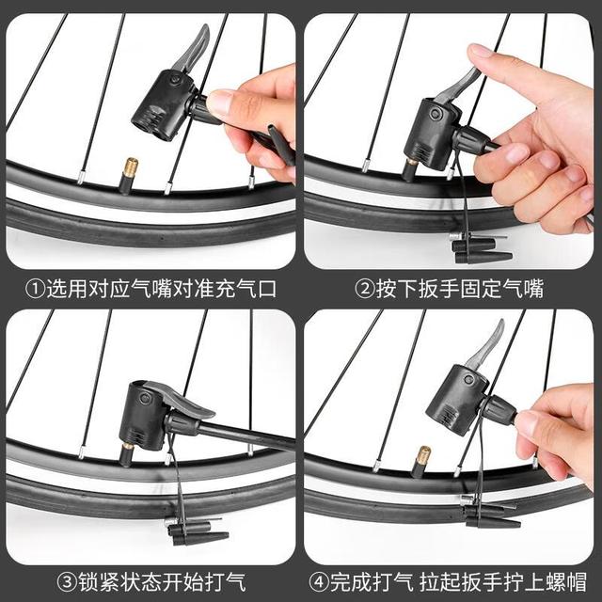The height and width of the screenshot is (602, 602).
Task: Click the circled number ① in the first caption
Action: point(36,289)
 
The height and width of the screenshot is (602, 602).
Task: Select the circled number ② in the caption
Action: point(365,289)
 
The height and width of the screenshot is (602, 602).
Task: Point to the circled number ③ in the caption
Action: point(68,581)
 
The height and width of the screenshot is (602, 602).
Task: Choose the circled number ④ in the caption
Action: point(320,581)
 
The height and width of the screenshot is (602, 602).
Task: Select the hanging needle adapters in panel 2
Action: point(480,248)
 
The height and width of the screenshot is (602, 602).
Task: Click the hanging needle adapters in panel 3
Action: point(196,531)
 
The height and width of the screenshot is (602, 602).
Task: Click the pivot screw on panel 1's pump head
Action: point(176,80)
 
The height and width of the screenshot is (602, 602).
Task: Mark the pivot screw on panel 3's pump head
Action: point(144,398)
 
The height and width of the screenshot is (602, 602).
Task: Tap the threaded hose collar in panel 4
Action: point(499,410)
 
